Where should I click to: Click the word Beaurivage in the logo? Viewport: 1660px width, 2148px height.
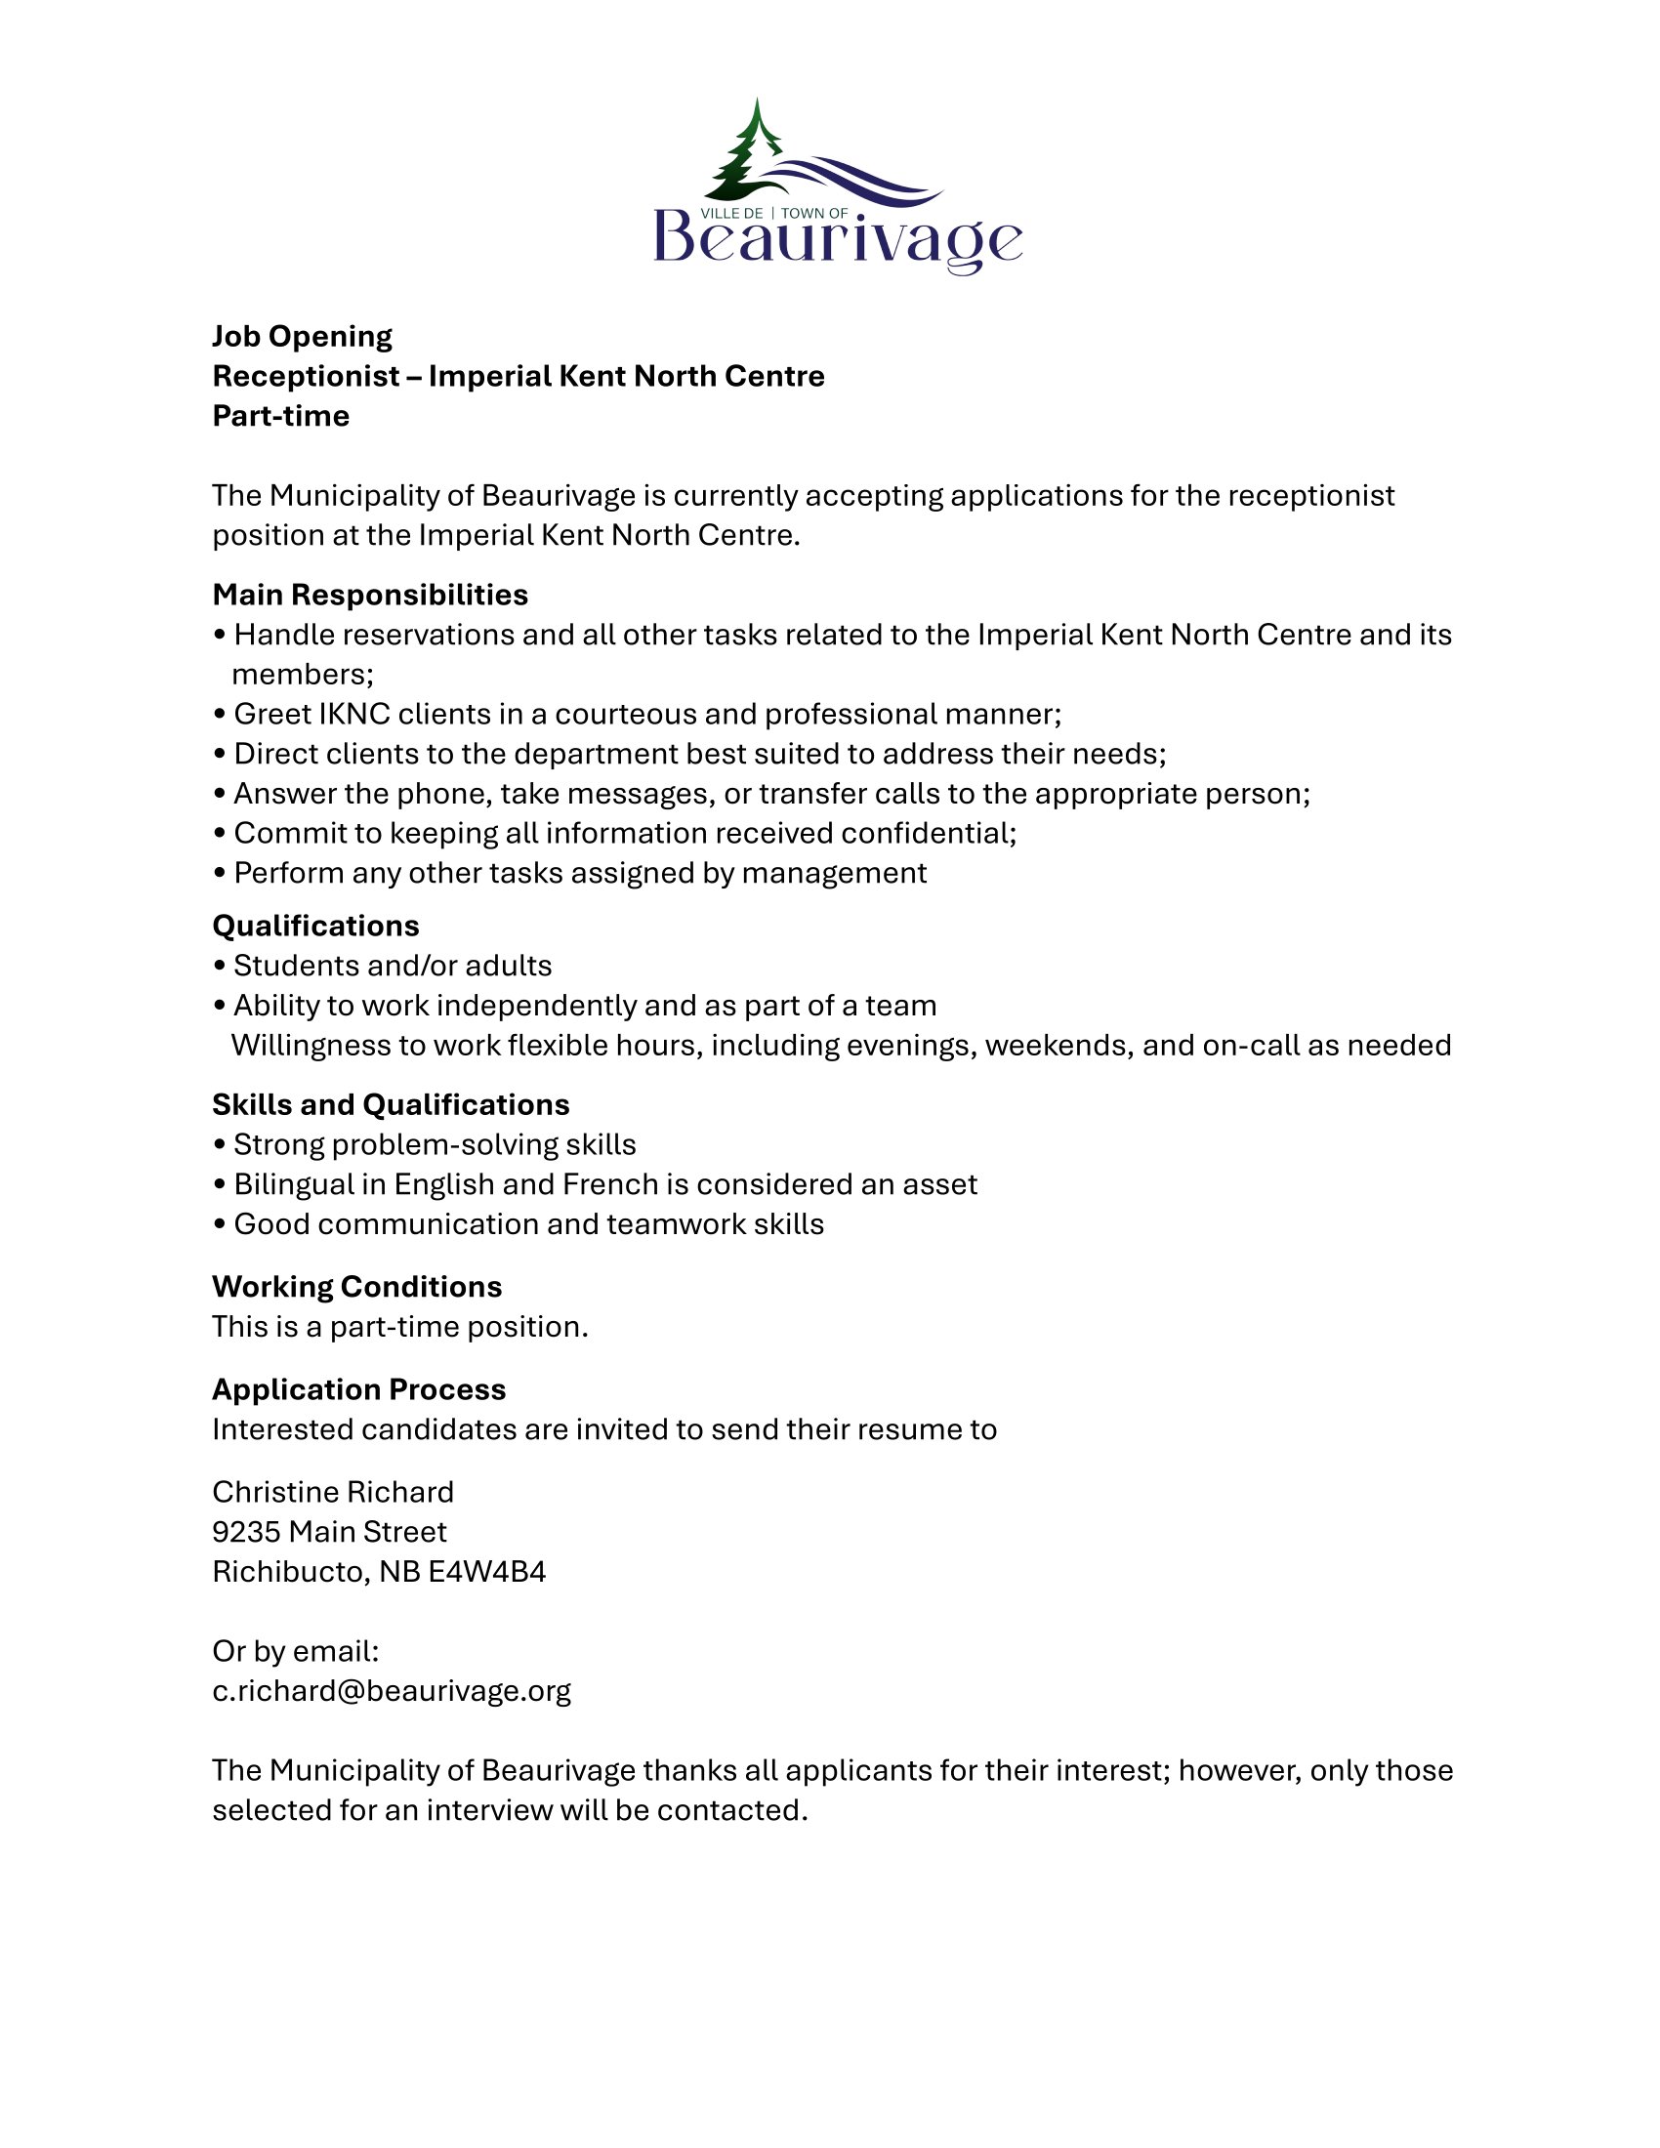[837, 240]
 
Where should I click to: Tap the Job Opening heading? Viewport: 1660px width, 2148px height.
[302, 337]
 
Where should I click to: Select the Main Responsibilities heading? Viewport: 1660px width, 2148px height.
[370, 595]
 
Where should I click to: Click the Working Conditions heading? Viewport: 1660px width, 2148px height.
[357, 1287]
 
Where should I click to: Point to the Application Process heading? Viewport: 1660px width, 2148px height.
[359, 1388]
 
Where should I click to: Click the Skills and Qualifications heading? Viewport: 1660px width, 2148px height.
[391, 1104]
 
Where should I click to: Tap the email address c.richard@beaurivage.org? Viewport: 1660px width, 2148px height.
[392, 1690]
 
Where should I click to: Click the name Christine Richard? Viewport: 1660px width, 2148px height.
[332, 1492]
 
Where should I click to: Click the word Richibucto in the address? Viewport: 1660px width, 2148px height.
[290, 1572]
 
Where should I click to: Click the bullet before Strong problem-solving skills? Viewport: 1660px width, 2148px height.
[219, 1146]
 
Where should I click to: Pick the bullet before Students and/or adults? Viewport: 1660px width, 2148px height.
[219, 967]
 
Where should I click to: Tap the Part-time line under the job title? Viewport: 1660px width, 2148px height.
[280, 416]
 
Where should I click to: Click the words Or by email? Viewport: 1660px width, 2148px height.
[295, 1650]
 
